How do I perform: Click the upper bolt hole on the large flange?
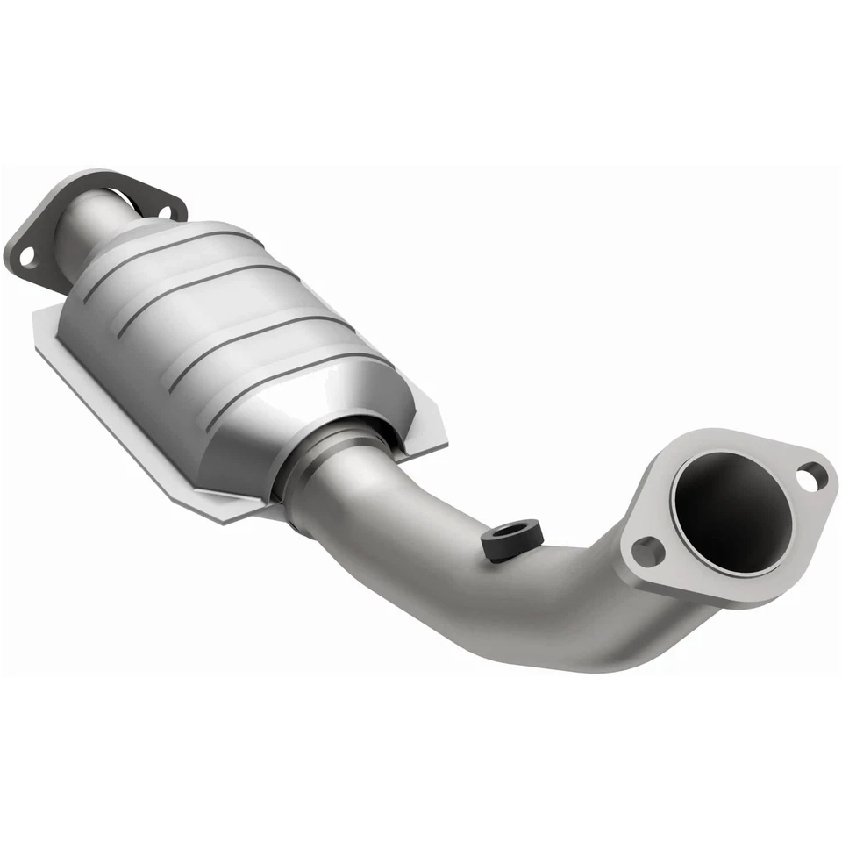point(810,475)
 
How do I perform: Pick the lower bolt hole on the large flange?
point(646,552)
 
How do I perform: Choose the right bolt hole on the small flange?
point(163,210)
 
